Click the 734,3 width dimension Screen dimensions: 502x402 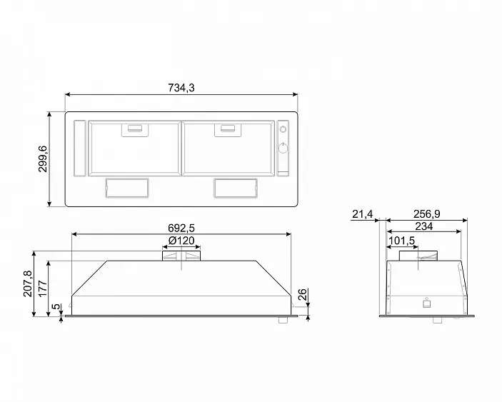pos(181,88)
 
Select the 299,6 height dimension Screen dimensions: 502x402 pos(43,159)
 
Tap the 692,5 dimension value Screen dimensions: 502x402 pos(181,228)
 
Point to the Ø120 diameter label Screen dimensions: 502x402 pos(181,241)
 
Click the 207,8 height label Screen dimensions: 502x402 pos(28,283)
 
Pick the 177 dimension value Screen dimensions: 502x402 pos(43,288)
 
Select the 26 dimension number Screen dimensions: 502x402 pos(302,294)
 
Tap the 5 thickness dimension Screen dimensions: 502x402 pos(56,306)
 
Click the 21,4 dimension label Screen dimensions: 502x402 pos(363,213)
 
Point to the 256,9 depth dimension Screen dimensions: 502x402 pos(426,213)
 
